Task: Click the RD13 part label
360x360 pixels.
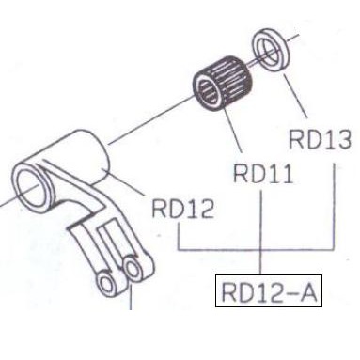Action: coord(319,139)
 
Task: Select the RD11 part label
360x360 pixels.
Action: coord(263,174)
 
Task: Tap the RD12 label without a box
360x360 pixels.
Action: coord(183,209)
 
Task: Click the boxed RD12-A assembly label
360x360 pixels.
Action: coord(269,291)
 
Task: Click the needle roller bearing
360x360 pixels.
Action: coord(223,83)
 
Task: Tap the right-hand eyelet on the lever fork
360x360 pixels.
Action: coord(134,268)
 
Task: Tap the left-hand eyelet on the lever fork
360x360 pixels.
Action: coord(107,284)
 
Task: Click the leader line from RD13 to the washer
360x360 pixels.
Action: coord(294,96)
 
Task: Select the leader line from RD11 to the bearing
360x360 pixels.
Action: coord(233,130)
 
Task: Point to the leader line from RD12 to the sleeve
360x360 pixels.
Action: coord(124,182)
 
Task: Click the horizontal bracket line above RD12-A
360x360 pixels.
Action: coord(256,250)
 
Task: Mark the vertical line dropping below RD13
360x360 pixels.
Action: coord(335,206)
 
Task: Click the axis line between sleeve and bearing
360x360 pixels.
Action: coord(151,120)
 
